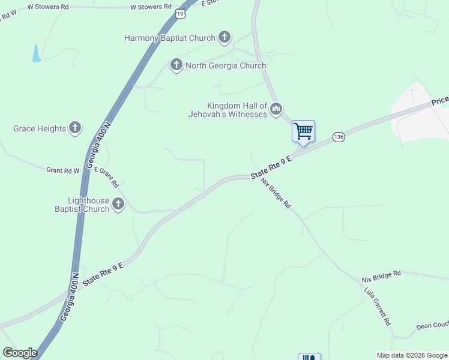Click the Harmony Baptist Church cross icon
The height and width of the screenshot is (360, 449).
[224, 38]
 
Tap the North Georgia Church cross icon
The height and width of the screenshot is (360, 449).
[176, 65]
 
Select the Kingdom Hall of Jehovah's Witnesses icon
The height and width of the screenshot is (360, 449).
[276, 109]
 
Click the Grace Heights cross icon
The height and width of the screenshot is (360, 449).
[75, 127]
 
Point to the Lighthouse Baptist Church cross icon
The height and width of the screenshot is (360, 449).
[118, 204]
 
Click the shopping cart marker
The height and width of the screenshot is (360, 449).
[303, 131]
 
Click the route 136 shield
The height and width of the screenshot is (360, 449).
[339, 137]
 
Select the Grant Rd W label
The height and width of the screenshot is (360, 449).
[63, 170]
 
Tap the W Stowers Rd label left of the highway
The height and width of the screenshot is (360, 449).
[151, 7]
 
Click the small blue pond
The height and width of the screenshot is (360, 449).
[37, 53]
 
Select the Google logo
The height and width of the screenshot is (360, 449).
[20, 353]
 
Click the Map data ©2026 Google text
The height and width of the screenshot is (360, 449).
[412, 355]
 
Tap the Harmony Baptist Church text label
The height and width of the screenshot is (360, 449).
[169, 38]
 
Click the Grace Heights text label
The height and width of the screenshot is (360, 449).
[39, 128]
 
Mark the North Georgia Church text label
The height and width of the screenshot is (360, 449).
[226, 65]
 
